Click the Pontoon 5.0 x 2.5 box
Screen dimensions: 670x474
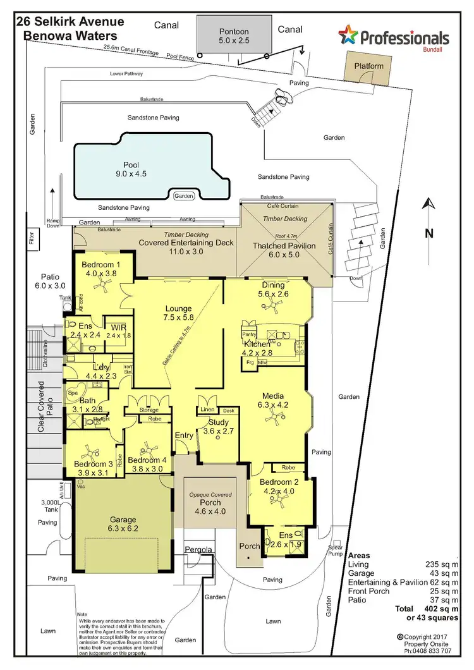point(234,36)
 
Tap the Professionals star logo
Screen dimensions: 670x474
point(348,36)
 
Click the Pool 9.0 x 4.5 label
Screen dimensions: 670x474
point(131,169)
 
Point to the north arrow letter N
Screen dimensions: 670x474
point(428,233)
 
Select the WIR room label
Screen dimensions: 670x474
point(118,327)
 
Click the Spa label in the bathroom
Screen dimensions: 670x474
point(73,393)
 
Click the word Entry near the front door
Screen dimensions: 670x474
point(185,435)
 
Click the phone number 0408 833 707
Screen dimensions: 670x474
point(430,650)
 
